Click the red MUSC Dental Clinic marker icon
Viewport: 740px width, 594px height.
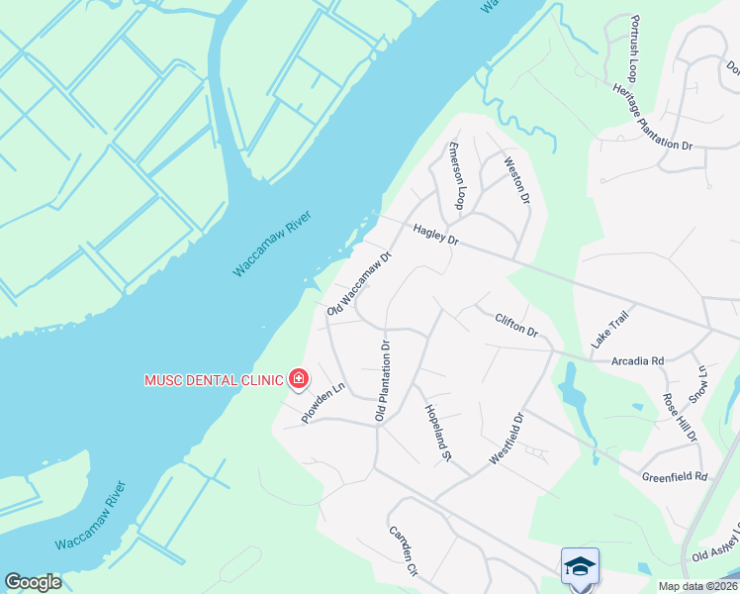point(298,379)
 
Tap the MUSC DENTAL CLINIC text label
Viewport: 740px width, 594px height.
point(214,379)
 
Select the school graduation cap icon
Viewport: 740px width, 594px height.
point(580,565)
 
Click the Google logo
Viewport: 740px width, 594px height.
point(33,582)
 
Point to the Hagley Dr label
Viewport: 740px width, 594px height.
point(436,234)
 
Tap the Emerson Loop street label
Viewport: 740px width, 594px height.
point(456,175)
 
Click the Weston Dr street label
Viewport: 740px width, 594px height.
point(512,180)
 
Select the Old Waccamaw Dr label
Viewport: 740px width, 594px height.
point(360,283)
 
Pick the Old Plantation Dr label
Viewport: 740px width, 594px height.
point(383,380)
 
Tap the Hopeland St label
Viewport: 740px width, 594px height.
point(437,433)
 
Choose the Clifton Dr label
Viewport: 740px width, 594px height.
point(515,323)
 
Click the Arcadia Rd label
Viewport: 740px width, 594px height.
point(637,361)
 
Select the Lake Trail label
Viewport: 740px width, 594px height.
point(609,328)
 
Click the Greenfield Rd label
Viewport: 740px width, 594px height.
point(675,476)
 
